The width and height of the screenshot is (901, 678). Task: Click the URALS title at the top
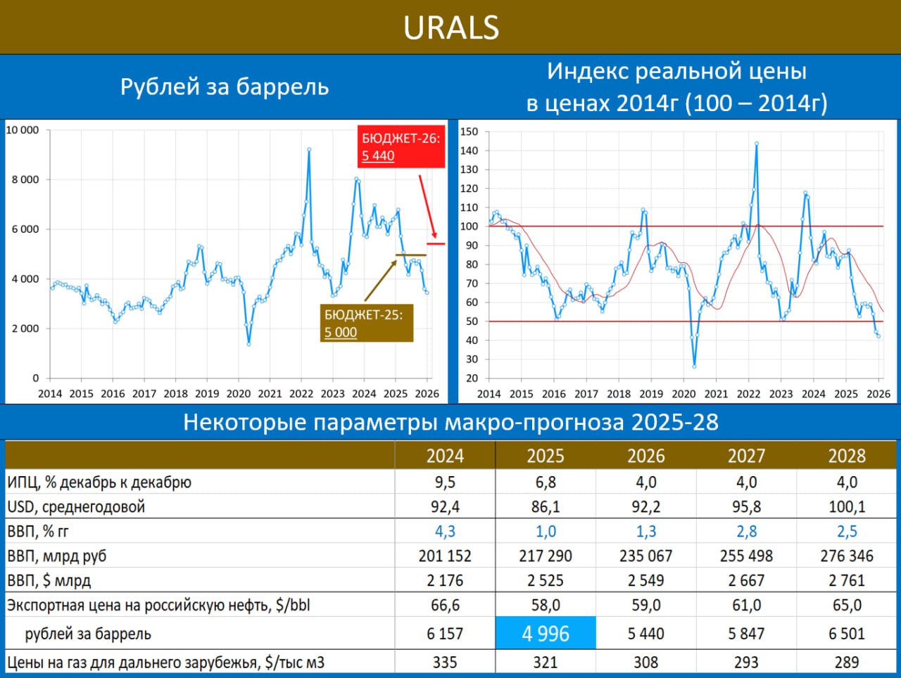450,28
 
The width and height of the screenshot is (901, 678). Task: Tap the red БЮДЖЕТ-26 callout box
401,147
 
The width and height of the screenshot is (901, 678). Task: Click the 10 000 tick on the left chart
23,130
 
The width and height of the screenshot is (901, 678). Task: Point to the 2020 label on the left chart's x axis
238,394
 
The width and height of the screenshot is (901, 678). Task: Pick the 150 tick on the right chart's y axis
469,132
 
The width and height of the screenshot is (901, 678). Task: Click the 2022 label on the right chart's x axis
748,394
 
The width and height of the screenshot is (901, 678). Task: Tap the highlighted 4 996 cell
546,634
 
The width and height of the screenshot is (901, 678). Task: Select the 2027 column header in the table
746,456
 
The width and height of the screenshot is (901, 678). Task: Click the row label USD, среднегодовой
76,507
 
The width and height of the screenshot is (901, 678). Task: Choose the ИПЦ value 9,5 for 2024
445,482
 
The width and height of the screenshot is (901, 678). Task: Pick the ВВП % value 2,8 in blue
746,532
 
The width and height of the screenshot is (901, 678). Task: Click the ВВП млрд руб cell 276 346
847,556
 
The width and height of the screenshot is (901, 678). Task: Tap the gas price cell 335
445,663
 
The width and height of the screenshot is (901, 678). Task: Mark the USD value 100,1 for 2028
847,507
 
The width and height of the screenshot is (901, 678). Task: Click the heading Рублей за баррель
225,87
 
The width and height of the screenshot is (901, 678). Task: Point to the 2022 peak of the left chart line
309,149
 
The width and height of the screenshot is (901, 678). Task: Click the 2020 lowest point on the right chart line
694,366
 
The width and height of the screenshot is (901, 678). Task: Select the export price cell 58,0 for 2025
546,606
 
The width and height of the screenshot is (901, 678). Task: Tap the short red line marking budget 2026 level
436,243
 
